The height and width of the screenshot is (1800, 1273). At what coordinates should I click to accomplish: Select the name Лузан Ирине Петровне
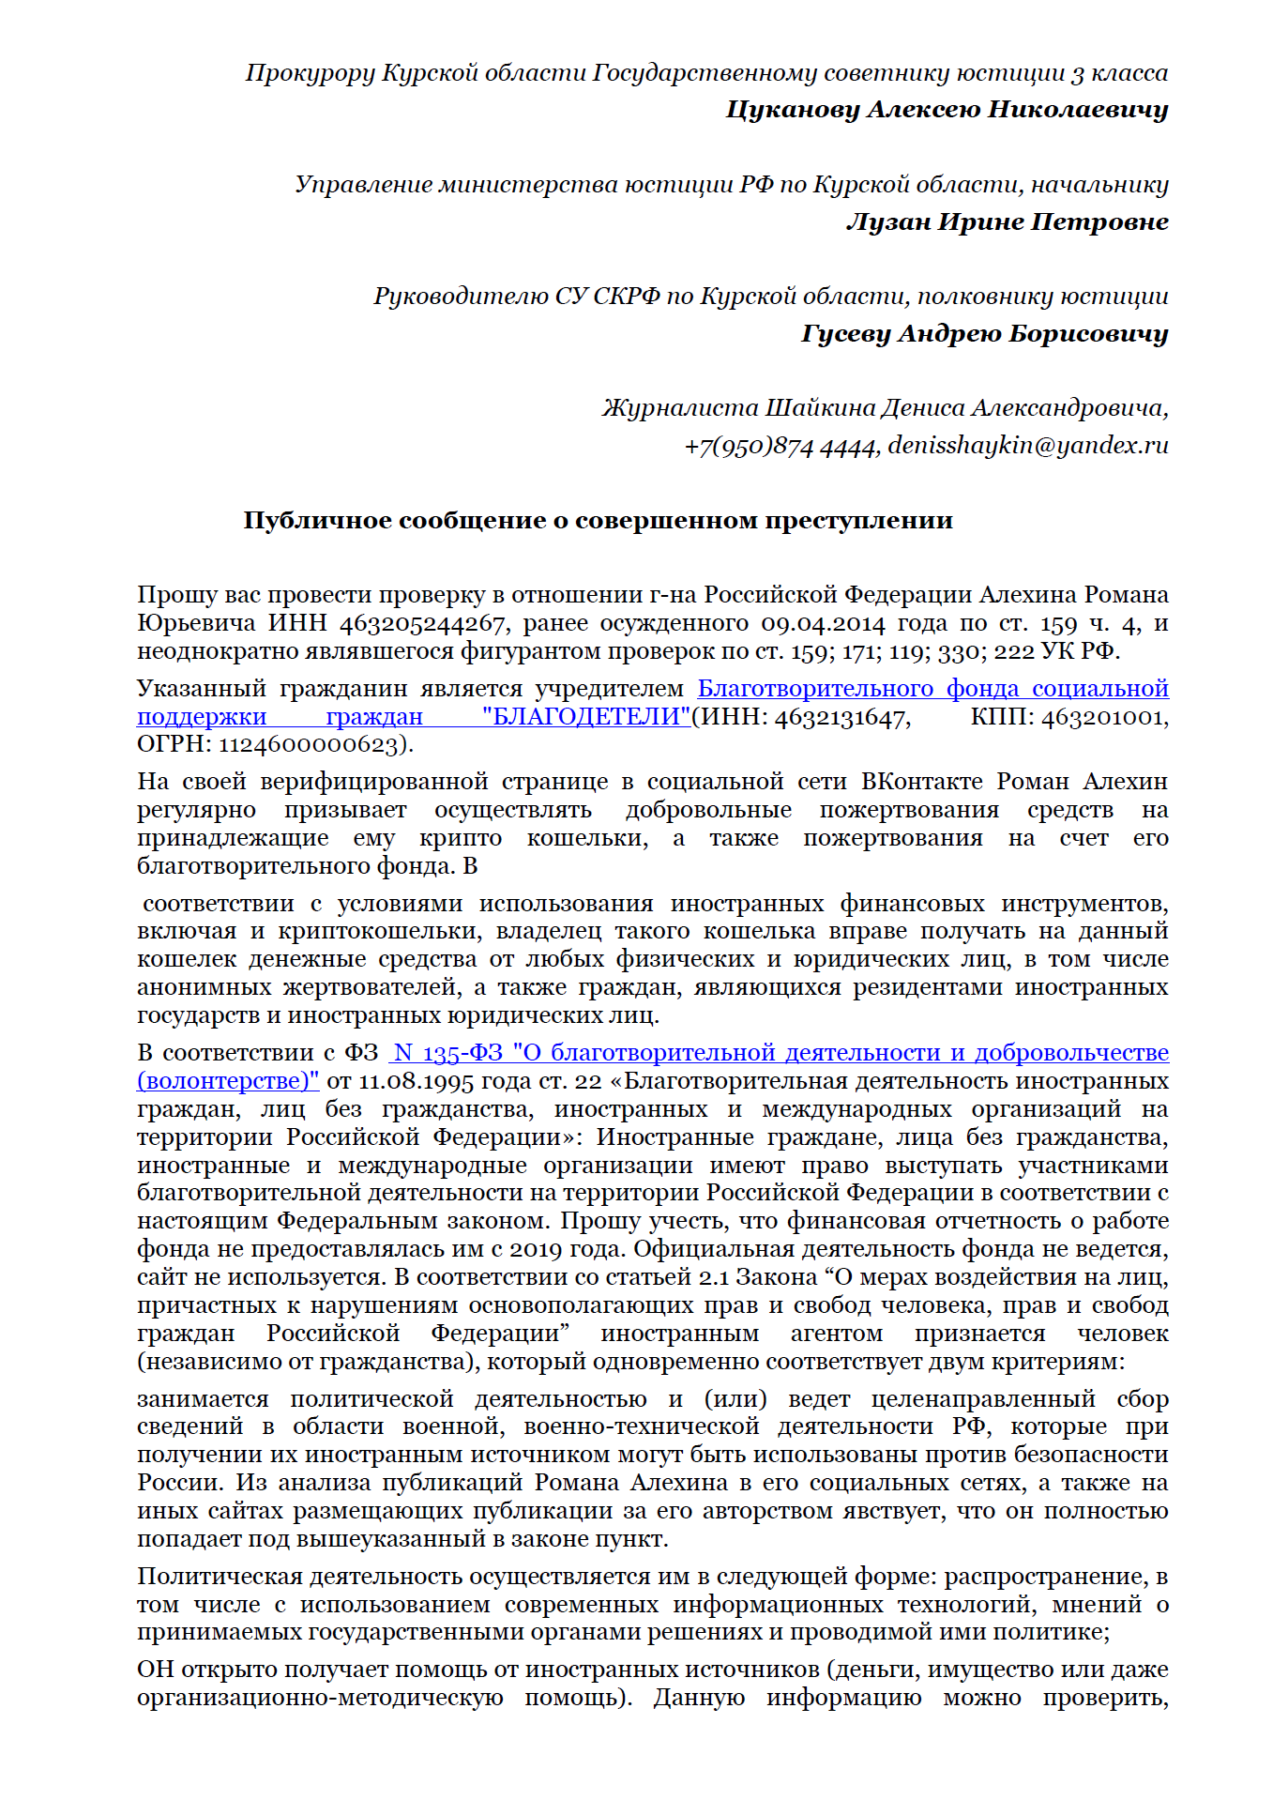coord(1007,222)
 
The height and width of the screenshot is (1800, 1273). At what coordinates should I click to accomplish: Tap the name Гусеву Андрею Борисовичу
coord(984,334)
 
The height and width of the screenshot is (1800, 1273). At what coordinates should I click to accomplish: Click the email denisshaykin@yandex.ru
coord(1028,445)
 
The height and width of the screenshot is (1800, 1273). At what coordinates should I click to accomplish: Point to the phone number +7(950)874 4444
coord(780,446)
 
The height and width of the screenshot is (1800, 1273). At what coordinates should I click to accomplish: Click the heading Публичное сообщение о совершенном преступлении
coord(598,521)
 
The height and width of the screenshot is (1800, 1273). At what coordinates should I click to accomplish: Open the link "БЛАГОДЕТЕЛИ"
coord(586,717)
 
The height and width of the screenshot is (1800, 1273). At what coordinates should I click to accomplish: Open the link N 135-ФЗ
coord(448,1053)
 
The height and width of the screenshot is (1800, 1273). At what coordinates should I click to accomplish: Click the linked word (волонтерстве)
coord(228,1081)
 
